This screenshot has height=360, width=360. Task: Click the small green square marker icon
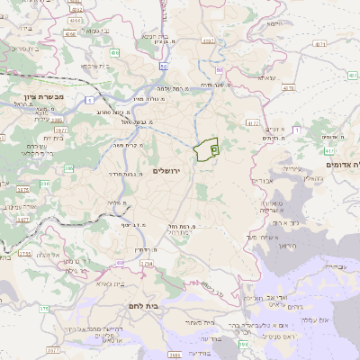point(214,148)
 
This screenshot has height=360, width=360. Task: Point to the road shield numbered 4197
point(209,40)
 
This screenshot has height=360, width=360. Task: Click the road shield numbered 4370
point(289,88)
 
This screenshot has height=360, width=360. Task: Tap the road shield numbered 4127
point(252,122)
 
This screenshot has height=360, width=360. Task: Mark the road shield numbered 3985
point(54,118)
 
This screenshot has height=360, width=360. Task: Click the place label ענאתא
point(267,77)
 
